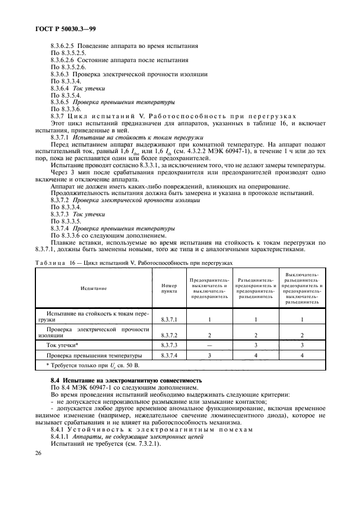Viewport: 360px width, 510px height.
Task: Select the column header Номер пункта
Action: (x=169, y=289)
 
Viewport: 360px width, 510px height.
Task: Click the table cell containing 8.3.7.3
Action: (x=169, y=345)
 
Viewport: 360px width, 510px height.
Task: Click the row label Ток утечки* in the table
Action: (x=63, y=345)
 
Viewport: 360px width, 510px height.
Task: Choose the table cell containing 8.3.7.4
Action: (x=169, y=355)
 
